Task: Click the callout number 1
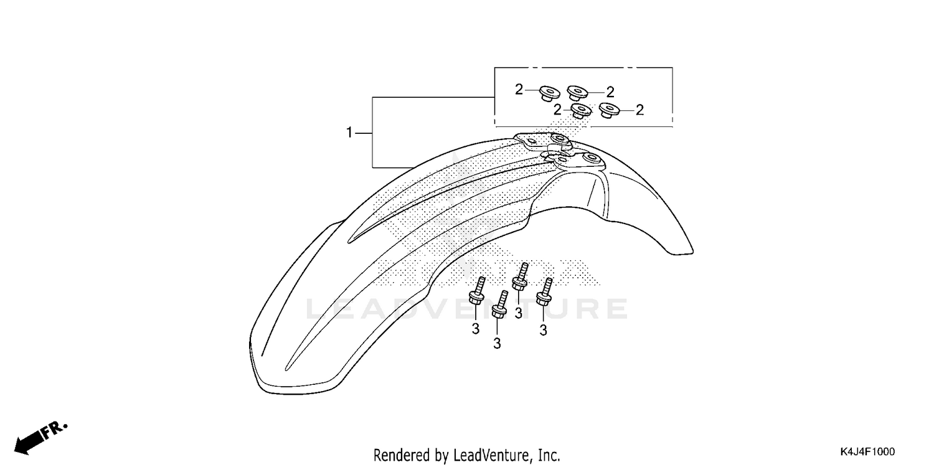(349, 133)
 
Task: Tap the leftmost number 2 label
(519, 90)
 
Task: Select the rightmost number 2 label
(639, 110)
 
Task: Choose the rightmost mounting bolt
(545, 291)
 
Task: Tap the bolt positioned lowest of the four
(499, 306)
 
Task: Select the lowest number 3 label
(497, 343)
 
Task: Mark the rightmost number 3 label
(543, 331)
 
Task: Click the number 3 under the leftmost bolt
(475, 329)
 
